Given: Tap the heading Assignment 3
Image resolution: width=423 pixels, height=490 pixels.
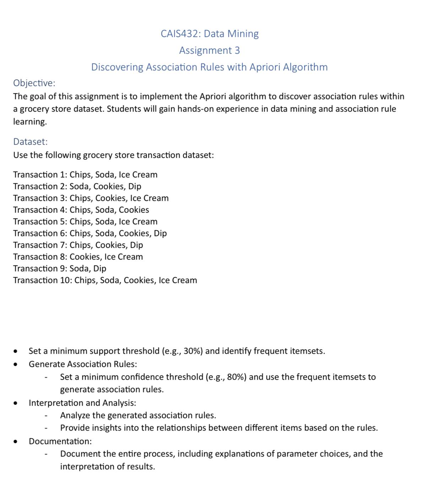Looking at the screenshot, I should [209, 50].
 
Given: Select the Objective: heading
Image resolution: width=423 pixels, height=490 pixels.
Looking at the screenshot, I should [34, 83].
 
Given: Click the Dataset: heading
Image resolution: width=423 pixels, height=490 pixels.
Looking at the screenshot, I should [30, 142].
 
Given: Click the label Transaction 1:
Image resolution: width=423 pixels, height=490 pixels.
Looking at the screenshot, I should [40, 175].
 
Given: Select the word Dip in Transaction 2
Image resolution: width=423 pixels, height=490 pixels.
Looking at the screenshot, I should [135, 186].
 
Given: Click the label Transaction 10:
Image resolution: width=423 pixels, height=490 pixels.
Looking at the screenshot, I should [42, 280].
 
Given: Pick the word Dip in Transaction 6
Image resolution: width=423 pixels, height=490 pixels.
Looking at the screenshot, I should [160, 233].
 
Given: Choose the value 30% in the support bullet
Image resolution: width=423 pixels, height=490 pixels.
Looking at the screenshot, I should [193, 351].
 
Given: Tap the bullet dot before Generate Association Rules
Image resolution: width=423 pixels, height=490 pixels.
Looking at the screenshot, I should [15, 364].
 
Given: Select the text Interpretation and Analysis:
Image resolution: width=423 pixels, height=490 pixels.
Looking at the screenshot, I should [82, 403].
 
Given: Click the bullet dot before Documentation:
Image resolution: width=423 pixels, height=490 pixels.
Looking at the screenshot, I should [15, 442].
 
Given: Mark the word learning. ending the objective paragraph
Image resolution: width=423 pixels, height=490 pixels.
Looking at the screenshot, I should [30, 122].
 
